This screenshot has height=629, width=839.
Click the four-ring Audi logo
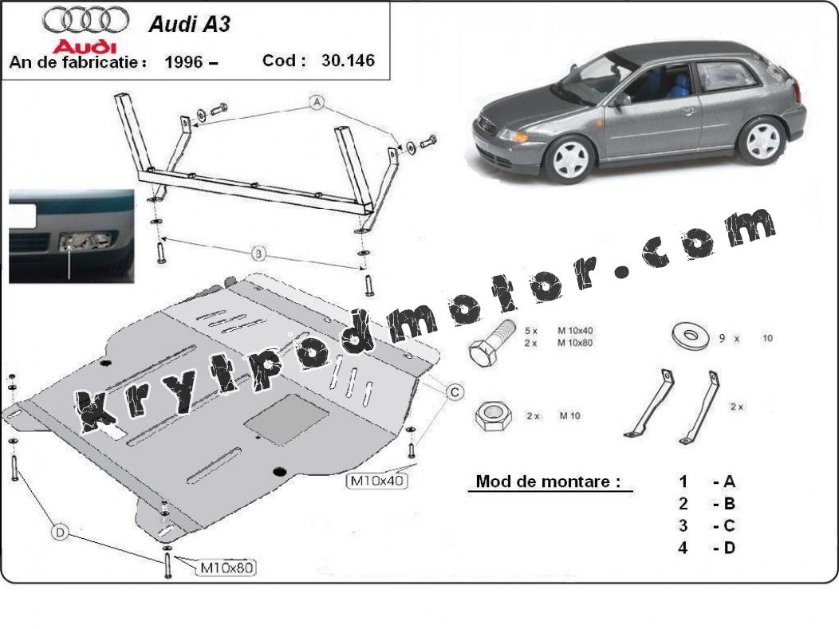(85, 20)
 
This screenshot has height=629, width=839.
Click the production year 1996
(183, 62)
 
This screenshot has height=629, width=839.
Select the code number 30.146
(348, 61)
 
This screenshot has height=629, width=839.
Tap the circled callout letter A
(317, 101)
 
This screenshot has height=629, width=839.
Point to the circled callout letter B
(258, 253)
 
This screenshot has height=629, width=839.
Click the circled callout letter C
(455, 392)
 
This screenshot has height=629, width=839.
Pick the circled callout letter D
(60, 533)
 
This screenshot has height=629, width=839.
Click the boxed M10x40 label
(376, 481)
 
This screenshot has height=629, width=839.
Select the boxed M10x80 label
(226, 568)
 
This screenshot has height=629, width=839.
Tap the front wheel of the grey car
(571, 159)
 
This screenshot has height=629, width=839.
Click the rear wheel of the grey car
(762, 140)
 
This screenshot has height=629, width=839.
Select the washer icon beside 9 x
(691, 336)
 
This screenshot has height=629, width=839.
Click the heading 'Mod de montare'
(548, 482)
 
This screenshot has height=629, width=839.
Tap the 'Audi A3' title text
(189, 24)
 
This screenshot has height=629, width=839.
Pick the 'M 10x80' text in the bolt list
(575, 343)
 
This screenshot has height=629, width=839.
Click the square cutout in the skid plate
(286, 419)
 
